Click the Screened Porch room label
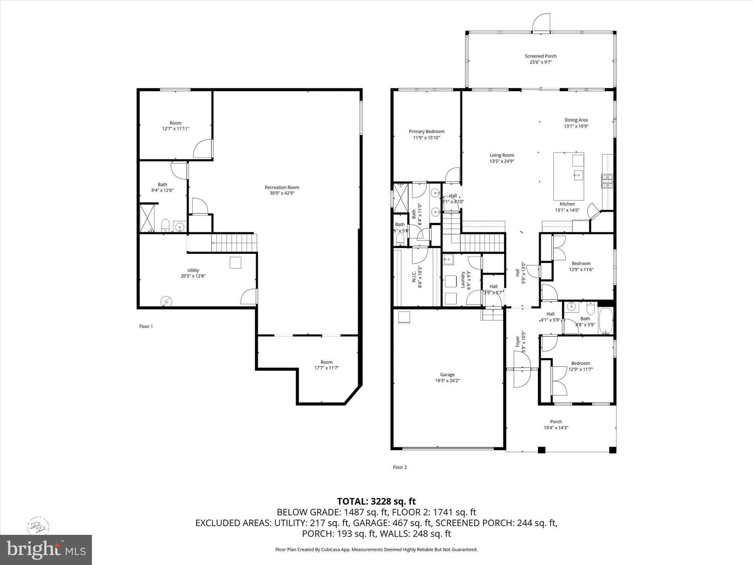(x=541, y=56)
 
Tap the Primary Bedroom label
(x=427, y=131)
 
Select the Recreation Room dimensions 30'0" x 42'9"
(x=282, y=193)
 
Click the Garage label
(x=447, y=374)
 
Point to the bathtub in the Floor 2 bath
(x=605, y=321)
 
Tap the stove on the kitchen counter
(x=607, y=181)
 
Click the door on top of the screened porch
(x=541, y=23)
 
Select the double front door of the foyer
(x=522, y=369)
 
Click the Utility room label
(x=193, y=270)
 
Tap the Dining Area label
(x=576, y=120)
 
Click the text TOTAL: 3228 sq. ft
(x=376, y=501)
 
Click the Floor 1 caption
(x=146, y=326)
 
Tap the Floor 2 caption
(x=400, y=467)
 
